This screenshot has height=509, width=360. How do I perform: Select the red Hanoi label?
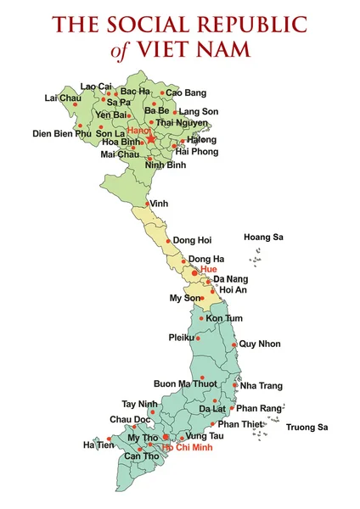click(x=138, y=131)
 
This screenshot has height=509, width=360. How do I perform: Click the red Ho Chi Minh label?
click(x=188, y=446)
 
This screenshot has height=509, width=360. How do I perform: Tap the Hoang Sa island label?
click(x=263, y=238)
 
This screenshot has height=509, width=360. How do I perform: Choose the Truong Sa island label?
click(x=307, y=427)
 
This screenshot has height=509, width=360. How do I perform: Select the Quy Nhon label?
click(x=259, y=344)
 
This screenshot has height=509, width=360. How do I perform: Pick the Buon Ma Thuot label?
click(x=185, y=383)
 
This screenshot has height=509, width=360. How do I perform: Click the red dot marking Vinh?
click(x=148, y=204)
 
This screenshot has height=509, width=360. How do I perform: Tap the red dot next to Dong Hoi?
click(x=168, y=240)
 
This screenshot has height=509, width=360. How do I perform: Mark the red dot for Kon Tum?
click(x=201, y=318)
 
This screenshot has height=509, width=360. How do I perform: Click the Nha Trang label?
click(x=260, y=385)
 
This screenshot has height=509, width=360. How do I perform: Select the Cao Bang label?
click(x=186, y=92)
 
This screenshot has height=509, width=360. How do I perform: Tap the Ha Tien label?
click(x=98, y=445)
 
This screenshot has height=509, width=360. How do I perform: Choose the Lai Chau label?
click(x=63, y=98)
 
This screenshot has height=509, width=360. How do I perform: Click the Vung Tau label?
click(x=205, y=434)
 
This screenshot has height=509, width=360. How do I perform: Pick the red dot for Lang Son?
click(x=175, y=112)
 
